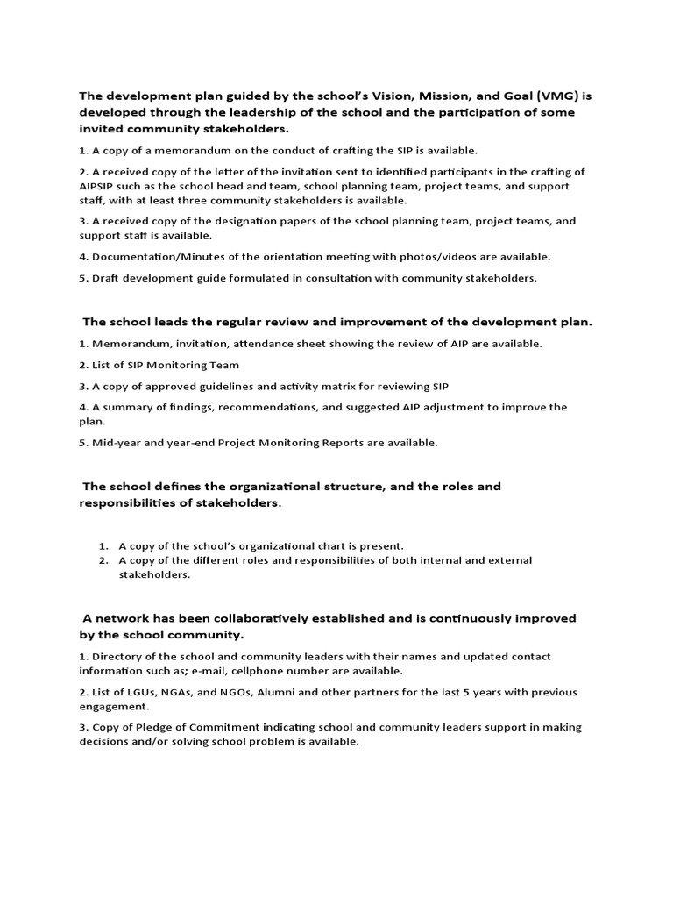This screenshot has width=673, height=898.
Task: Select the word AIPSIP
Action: (101, 186)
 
